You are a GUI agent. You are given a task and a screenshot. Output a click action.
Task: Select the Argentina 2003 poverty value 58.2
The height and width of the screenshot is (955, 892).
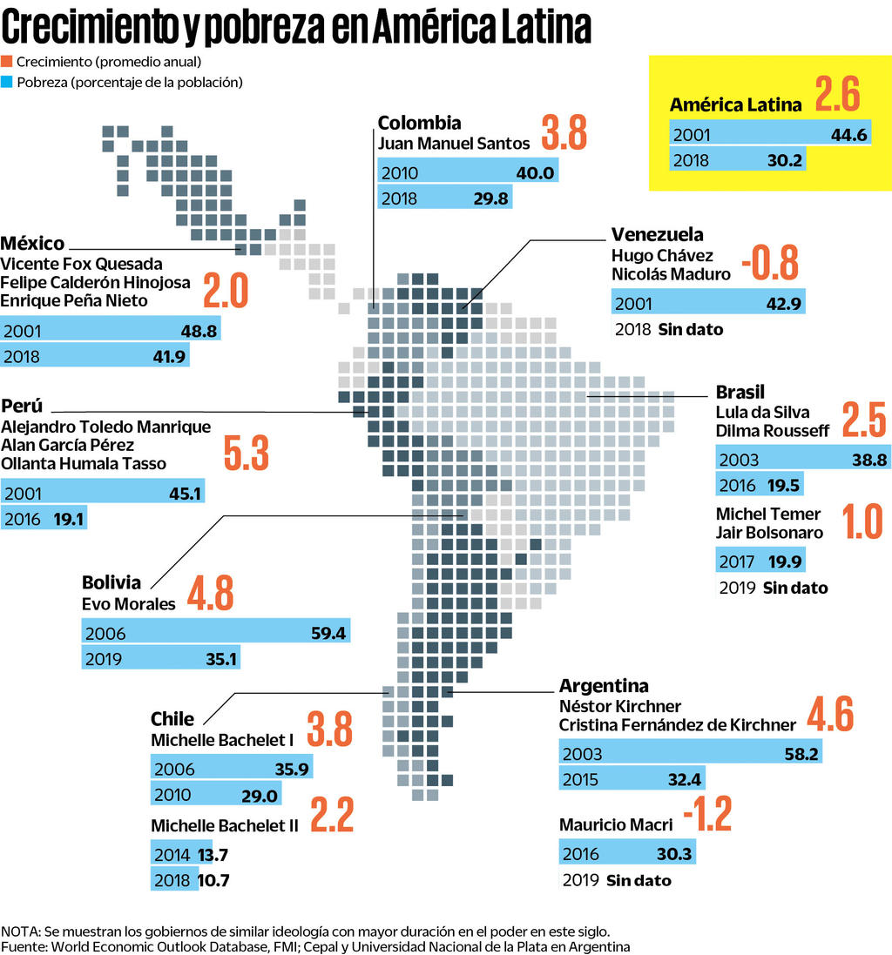click(x=801, y=754)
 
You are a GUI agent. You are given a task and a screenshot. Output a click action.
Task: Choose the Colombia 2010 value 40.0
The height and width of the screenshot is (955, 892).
click(x=534, y=172)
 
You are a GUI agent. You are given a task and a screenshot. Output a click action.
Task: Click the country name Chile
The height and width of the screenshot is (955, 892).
click(x=172, y=719)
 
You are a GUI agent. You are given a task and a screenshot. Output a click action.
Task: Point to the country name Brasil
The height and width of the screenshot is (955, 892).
click(x=740, y=392)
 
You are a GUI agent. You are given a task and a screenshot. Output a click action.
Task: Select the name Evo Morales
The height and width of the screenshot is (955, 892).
click(x=128, y=603)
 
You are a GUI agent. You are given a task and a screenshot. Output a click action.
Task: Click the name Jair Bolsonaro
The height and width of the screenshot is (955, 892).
click(x=768, y=532)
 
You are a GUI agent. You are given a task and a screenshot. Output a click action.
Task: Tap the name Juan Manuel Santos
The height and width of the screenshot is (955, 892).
click(x=453, y=143)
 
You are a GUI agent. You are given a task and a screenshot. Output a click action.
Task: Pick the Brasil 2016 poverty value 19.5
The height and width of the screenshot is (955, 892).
click(x=784, y=485)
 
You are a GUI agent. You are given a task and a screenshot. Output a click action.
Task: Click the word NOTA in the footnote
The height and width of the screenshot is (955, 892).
click(x=20, y=930)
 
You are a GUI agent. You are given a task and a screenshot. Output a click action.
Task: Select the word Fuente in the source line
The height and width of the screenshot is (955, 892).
click(x=24, y=945)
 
